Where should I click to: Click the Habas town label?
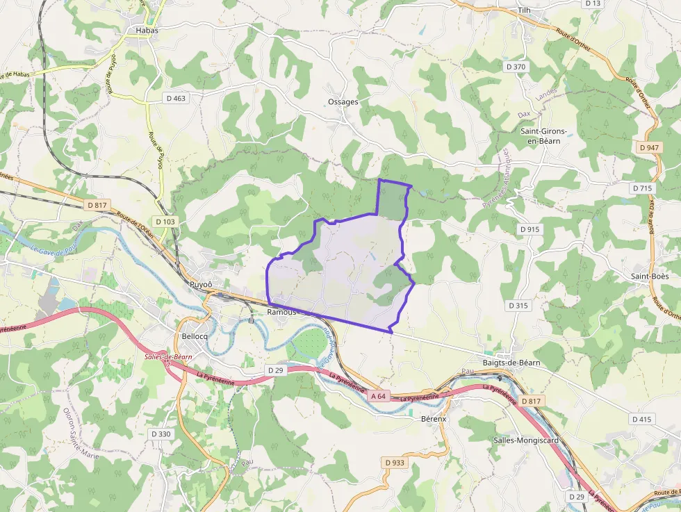tap(146, 30)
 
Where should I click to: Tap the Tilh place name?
tap(524, 10)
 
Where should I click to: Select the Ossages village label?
tap(343, 101)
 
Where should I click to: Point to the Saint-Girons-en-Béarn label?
tap(544, 135)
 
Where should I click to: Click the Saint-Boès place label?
tap(650, 276)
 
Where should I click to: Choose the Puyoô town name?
tap(201, 285)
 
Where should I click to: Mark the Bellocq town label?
tap(195, 336)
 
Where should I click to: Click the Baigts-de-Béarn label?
tap(512, 363)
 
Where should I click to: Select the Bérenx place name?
tap(434, 419)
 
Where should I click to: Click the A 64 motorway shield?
tap(378, 396)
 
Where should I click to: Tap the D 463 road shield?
tap(177, 99)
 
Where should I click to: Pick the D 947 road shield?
tap(648, 147)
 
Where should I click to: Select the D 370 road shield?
tap(516, 67)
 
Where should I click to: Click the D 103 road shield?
tap(166, 221)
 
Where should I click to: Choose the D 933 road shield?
tap(394, 462)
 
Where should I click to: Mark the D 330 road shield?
tap(161, 433)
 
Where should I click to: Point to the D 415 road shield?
tap(643, 419)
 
